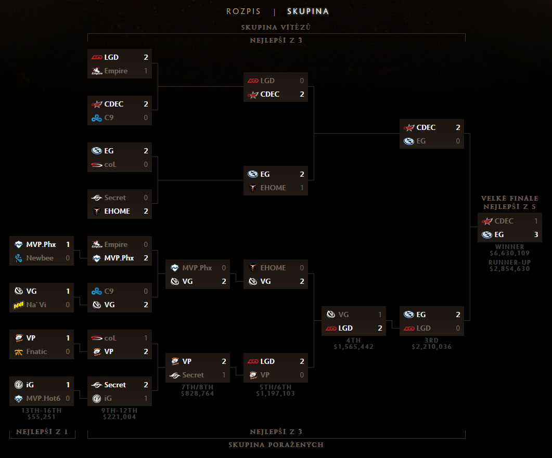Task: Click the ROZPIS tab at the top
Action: (x=243, y=11)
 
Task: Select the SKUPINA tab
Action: (x=308, y=11)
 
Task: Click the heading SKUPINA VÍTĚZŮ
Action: (x=276, y=27)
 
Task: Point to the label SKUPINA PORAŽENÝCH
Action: (x=276, y=444)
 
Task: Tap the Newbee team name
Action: (x=40, y=258)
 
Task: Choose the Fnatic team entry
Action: (x=36, y=351)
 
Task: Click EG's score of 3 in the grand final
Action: (x=536, y=234)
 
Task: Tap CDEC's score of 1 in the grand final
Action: (x=536, y=221)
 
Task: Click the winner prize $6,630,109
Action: (x=510, y=253)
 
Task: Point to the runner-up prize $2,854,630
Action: (x=510, y=269)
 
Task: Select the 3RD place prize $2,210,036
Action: (x=431, y=347)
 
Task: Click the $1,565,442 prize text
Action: (x=354, y=347)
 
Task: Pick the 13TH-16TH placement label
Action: (x=41, y=410)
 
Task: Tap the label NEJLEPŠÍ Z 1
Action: (x=42, y=432)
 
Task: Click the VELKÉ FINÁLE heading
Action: (x=510, y=198)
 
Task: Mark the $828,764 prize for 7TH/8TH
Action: (x=198, y=394)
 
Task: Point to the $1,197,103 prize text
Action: (x=276, y=394)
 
